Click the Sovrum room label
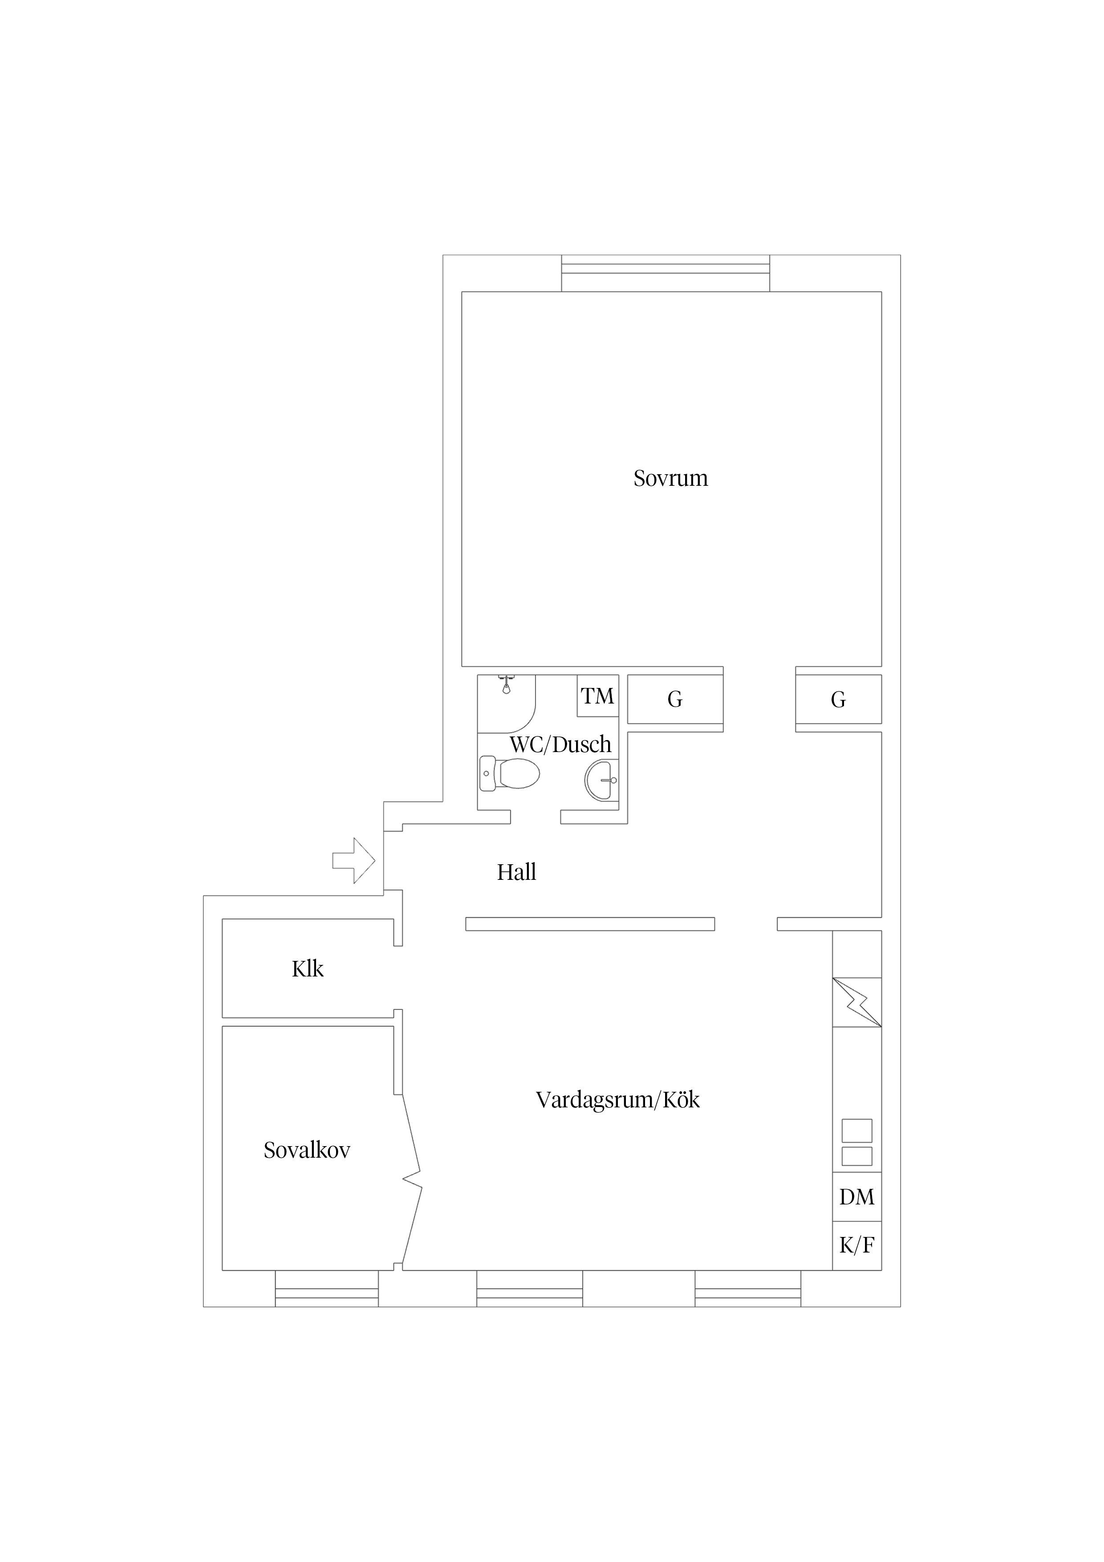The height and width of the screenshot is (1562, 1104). [x=671, y=478]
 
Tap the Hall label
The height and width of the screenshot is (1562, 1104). [x=516, y=872]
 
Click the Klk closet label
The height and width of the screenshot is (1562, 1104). [x=308, y=969]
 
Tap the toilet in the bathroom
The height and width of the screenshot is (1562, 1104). [x=509, y=773]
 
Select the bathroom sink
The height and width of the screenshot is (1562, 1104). [x=601, y=780]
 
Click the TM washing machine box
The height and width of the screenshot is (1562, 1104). [x=598, y=695]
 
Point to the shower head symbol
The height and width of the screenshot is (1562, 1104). [x=505, y=684]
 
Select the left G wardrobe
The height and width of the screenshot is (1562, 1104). [x=675, y=699]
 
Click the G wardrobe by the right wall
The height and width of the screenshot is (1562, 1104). [x=839, y=699]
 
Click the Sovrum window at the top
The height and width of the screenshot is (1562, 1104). [x=665, y=273]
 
